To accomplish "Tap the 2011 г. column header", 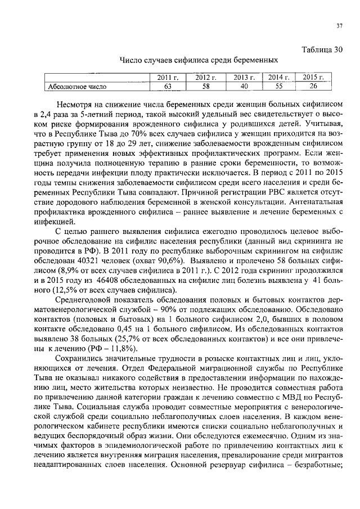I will [166, 77].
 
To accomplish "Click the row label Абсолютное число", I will [78, 87].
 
